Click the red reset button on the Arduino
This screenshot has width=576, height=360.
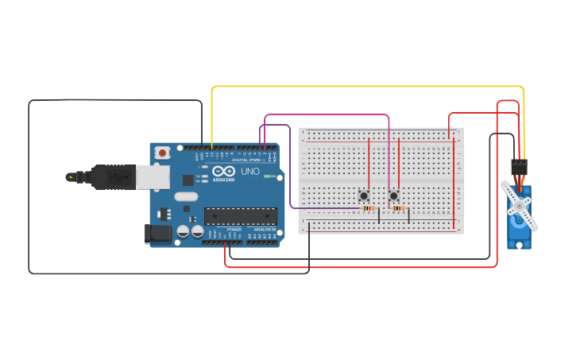[162, 152]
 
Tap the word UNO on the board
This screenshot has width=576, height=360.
[249, 171]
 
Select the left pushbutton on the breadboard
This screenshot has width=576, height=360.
[364, 195]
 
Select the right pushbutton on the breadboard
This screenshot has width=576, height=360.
[393, 195]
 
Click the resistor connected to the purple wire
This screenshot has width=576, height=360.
[367, 208]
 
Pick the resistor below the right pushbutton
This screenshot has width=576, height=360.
[398, 209]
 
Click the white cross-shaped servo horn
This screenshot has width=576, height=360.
[520, 206]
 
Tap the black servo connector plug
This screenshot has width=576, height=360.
[519, 165]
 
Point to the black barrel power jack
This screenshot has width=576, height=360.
[157, 233]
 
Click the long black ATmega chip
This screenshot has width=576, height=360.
[241, 216]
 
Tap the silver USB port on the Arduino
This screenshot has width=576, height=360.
[152, 176]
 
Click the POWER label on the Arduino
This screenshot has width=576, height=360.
[234, 230]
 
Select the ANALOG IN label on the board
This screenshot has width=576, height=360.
[265, 230]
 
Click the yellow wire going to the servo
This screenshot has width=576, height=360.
[365, 87]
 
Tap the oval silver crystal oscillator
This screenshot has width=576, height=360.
[186, 196]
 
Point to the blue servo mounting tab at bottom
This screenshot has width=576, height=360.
[520, 243]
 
